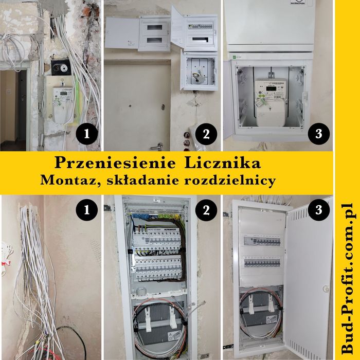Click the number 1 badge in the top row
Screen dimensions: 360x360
[x=88, y=135]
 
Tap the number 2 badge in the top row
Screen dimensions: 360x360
[x=206, y=135]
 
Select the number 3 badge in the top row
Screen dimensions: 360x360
[x=318, y=135]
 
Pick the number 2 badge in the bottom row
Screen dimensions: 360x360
[x=206, y=210]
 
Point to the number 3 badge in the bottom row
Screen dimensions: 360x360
[x=318, y=210]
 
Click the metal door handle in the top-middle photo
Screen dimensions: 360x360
[x=160, y=146]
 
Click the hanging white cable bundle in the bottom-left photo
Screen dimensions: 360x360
[x=33, y=267]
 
